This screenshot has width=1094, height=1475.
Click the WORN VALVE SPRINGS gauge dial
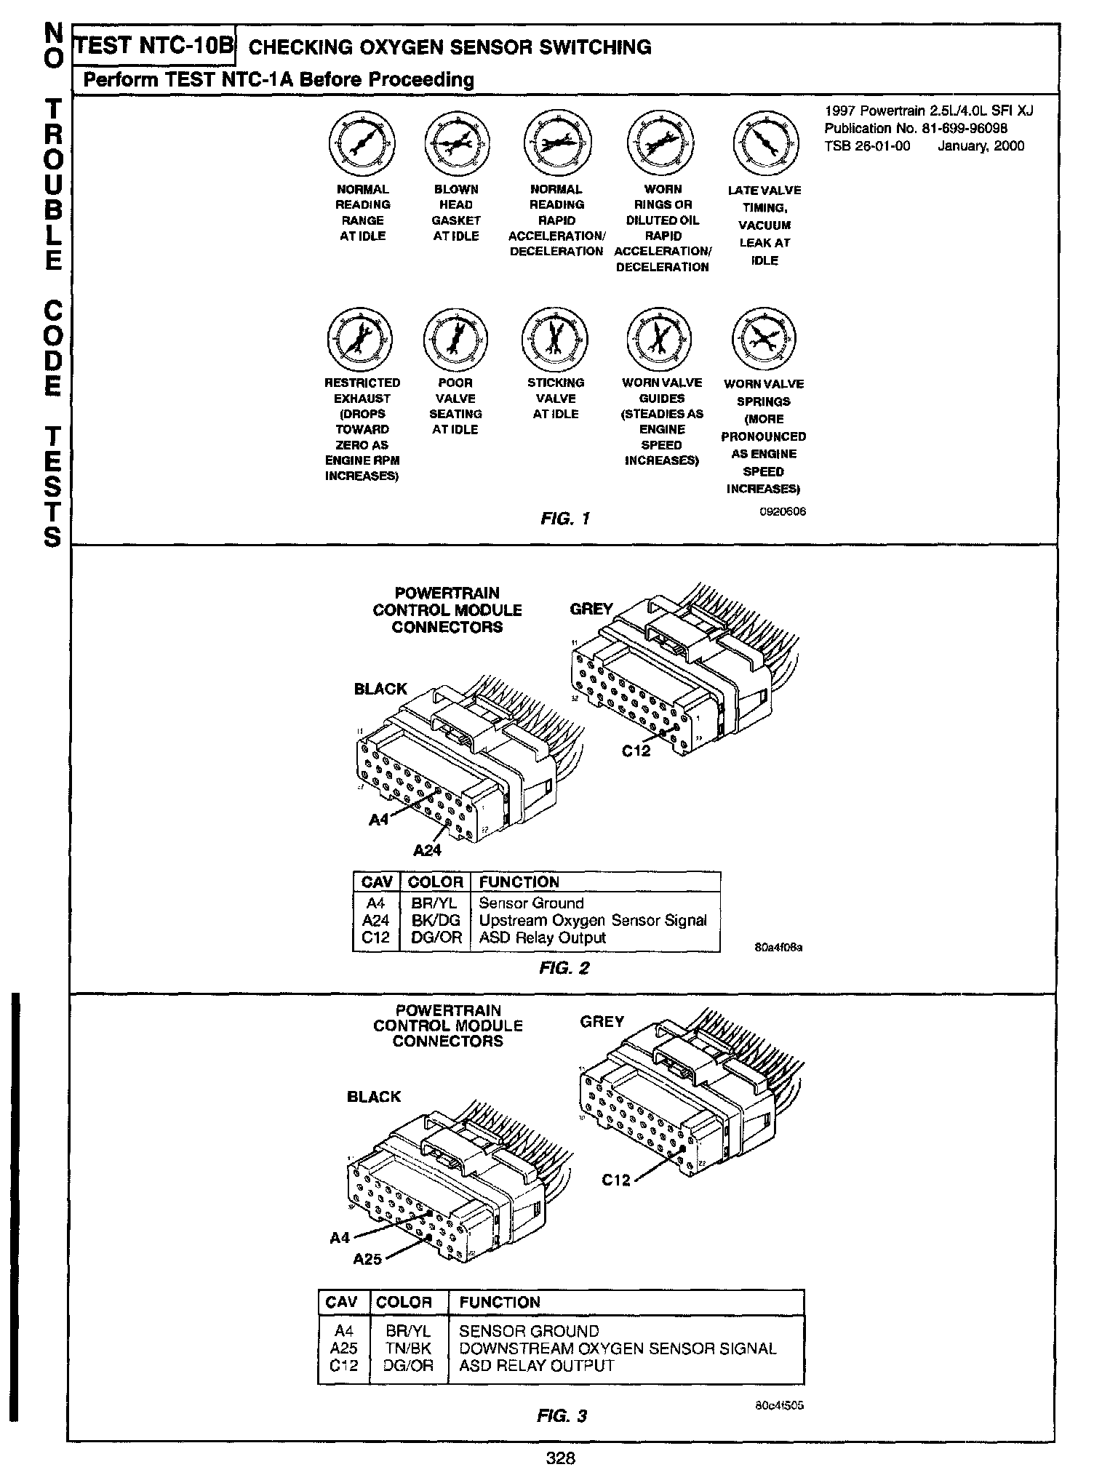(x=764, y=339)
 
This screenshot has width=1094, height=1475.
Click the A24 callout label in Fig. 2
(x=427, y=850)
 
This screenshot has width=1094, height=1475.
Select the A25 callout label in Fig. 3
(x=367, y=1259)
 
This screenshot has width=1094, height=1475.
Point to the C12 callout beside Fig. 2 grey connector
(x=636, y=751)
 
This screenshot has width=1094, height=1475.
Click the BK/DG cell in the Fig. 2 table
(x=434, y=920)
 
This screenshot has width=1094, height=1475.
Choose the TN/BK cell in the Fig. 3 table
(x=409, y=1348)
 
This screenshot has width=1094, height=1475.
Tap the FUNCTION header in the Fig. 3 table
(x=500, y=1303)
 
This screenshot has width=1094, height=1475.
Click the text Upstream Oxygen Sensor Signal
(x=593, y=920)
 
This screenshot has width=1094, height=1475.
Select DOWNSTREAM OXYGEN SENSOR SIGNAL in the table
(x=618, y=1348)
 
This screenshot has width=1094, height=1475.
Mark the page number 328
(x=561, y=1458)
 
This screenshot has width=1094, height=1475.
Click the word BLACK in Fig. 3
(x=374, y=1097)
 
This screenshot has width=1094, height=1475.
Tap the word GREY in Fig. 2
(x=591, y=609)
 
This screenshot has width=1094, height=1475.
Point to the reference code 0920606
(x=783, y=512)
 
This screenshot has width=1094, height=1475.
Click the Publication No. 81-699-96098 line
(x=915, y=128)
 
